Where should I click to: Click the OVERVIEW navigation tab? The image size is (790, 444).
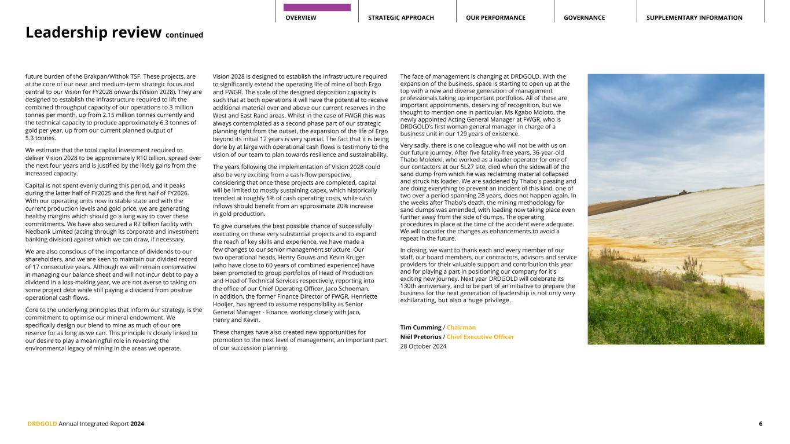[301, 18]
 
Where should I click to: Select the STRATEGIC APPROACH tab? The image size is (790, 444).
[400, 18]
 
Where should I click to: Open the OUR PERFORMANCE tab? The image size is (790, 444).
[495, 18]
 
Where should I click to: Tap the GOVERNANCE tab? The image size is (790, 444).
[584, 18]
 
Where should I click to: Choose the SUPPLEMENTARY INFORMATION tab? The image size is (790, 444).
[694, 18]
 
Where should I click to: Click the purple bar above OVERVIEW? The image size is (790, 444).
[317, 8]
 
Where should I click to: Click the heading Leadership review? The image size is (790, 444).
[93, 33]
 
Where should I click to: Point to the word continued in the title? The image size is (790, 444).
[184, 35]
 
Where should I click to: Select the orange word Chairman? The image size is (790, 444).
[461, 328]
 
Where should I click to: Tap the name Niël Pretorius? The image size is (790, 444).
[420, 337]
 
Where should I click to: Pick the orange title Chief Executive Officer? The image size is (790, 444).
[480, 337]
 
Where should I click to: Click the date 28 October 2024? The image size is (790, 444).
[423, 346]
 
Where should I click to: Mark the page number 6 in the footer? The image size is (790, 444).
[760, 424]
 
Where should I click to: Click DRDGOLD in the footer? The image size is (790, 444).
[42, 424]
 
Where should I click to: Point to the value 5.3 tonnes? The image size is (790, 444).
[41, 138]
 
